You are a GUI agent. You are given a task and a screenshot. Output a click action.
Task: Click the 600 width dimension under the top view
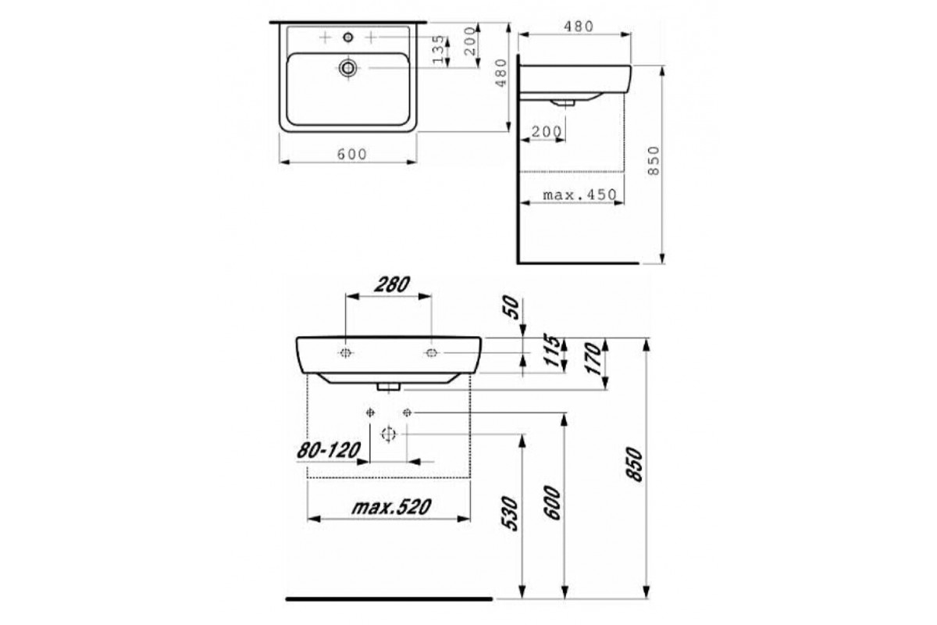click(352, 155)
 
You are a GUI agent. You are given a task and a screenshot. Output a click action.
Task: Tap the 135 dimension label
click(438, 49)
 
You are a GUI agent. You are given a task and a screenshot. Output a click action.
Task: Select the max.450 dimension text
click(579, 195)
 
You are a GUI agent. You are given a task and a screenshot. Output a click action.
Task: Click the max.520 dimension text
click(391, 507)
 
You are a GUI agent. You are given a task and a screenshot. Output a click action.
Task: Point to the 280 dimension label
click(391, 285)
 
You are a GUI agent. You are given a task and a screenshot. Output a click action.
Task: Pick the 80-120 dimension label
click(329, 451)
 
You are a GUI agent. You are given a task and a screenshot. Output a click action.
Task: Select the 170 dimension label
click(593, 359)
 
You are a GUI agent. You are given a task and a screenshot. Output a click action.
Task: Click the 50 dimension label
click(510, 307)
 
